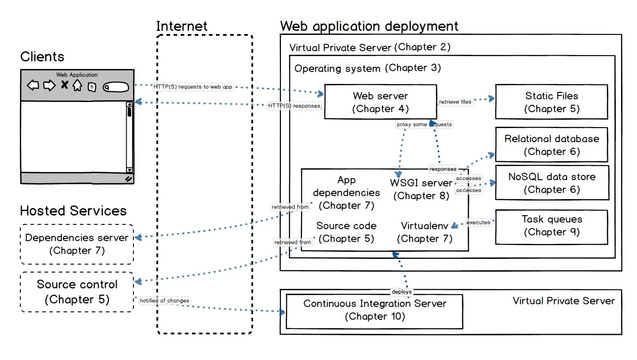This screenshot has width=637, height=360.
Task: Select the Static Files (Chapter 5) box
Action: [x=551, y=102]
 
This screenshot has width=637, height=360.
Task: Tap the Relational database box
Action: [x=551, y=145]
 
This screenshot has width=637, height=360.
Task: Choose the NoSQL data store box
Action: [x=551, y=183]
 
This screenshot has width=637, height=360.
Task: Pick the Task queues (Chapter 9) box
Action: [x=551, y=225]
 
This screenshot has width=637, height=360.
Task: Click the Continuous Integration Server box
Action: [x=375, y=310]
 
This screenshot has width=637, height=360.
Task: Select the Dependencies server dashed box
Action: [x=77, y=244]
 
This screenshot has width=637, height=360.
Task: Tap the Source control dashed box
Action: [x=77, y=292]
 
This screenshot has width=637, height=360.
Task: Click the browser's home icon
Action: [x=77, y=85]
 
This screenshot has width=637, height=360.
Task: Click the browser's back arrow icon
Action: [x=33, y=85]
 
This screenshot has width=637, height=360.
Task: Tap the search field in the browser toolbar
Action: [x=116, y=87]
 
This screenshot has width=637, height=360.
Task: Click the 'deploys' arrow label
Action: [x=402, y=292]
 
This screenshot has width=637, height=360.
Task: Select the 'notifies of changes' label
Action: [x=164, y=301]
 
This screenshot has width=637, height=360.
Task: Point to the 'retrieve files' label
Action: [x=455, y=102]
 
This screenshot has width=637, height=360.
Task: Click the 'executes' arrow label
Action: [x=478, y=223]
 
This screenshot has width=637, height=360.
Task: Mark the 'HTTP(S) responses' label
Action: [x=294, y=106]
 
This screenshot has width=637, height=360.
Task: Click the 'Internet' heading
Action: [x=182, y=26]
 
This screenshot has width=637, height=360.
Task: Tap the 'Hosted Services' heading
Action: [x=73, y=210]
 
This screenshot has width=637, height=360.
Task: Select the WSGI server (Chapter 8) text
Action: [x=421, y=189]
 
